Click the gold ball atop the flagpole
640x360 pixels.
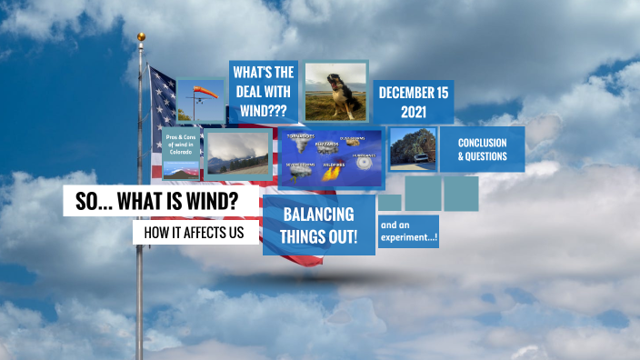tap(141, 37)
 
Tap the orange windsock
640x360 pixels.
tap(207, 92)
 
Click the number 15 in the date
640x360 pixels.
tap(442, 93)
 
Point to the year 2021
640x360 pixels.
tap(414, 113)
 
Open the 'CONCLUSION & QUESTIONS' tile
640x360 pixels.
tap(482, 149)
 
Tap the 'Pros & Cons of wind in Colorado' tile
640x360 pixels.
tap(180, 145)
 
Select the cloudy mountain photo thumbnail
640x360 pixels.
tap(238, 153)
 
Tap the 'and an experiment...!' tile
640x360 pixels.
tap(408, 232)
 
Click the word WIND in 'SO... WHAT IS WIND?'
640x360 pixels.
tap(212, 202)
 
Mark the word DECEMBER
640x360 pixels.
tap(404, 93)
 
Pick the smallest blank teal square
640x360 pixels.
tap(389, 202)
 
